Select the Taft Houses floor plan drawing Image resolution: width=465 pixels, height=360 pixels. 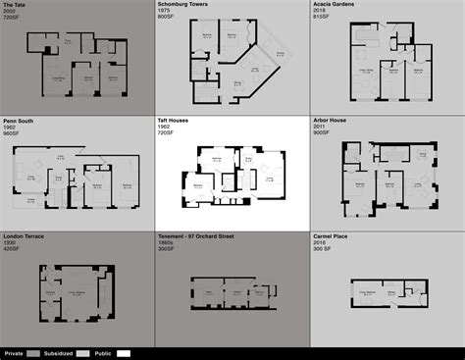[232, 174]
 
